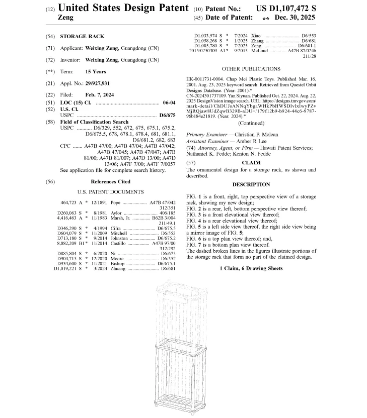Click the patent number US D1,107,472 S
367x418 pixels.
[286, 9]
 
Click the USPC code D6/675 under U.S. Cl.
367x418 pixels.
[167, 115]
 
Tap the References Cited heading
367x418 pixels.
[110, 181]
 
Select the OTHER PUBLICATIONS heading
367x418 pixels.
[251, 69]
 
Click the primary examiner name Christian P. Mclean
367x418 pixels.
[261, 135]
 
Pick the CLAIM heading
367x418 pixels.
[251, 162]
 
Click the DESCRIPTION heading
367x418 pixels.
[251, 184]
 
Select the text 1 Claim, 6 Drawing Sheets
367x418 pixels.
[251, 268]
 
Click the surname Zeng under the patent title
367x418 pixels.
[66, 18]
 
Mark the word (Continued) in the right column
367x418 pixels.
[251, 123]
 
